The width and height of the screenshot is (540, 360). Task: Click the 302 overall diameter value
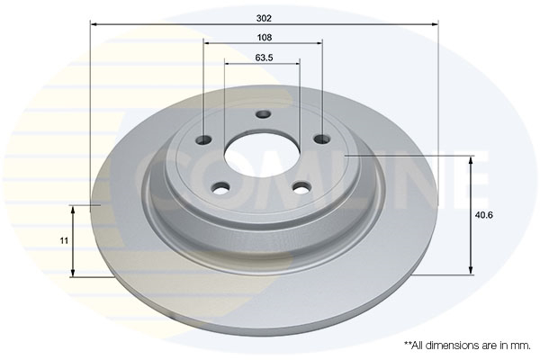[264, 18]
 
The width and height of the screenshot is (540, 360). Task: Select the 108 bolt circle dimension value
[264, 37]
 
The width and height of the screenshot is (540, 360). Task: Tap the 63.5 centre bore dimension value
[264, 58]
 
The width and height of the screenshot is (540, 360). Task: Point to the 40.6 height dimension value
[484, 215]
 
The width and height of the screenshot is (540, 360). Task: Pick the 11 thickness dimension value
[64, 240]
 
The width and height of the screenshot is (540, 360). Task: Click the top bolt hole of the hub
[264, 114]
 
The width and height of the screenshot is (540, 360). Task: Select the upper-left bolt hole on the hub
[203, 139]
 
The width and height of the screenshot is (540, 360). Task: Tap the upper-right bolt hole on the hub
[322, 139]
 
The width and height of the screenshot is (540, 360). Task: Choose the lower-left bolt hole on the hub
[220, 188]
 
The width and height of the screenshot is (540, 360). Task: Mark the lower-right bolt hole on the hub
[302, 188]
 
